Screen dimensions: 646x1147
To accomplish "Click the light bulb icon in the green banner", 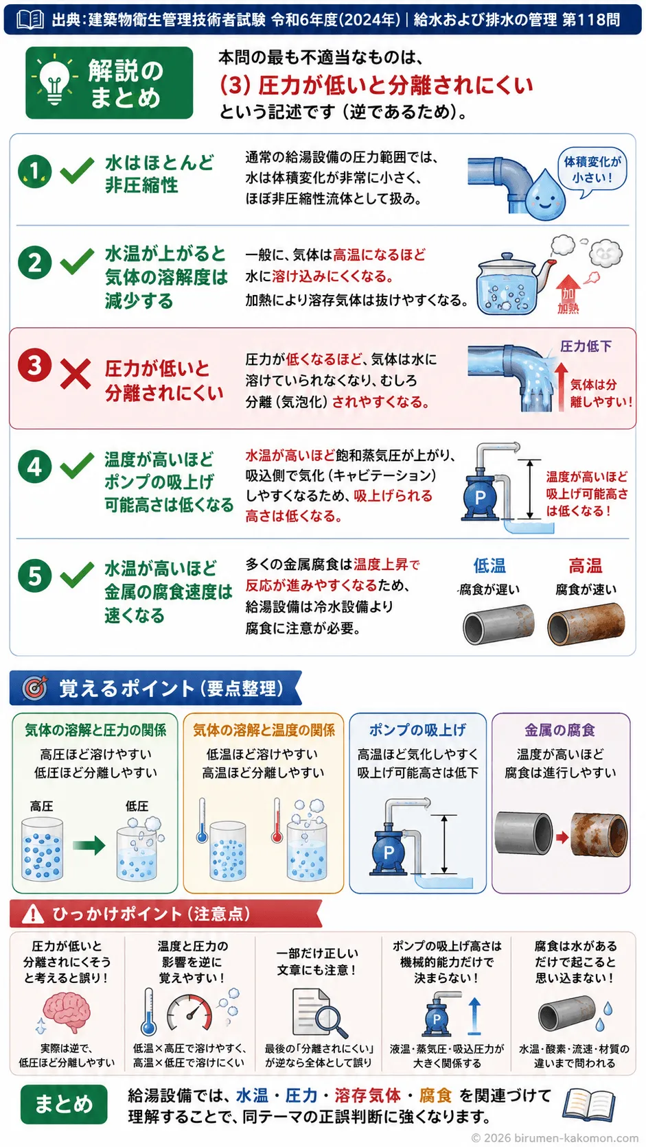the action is click(54, 82).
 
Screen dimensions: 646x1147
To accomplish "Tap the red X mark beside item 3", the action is click(76, 373).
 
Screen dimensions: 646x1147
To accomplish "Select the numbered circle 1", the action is click(34, 171).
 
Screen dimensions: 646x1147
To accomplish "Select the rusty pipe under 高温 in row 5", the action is click(586, 624).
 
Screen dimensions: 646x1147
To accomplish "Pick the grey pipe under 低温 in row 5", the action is click(498, 624).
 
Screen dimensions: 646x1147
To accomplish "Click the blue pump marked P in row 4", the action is click(481, 495).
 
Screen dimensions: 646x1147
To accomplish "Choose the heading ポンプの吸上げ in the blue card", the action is click(417, 730).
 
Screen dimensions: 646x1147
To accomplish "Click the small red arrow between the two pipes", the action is click(562, 838).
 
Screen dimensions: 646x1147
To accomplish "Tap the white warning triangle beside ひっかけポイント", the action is click(34, 913).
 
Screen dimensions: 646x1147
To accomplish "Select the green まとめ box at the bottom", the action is click(64, 1104).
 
